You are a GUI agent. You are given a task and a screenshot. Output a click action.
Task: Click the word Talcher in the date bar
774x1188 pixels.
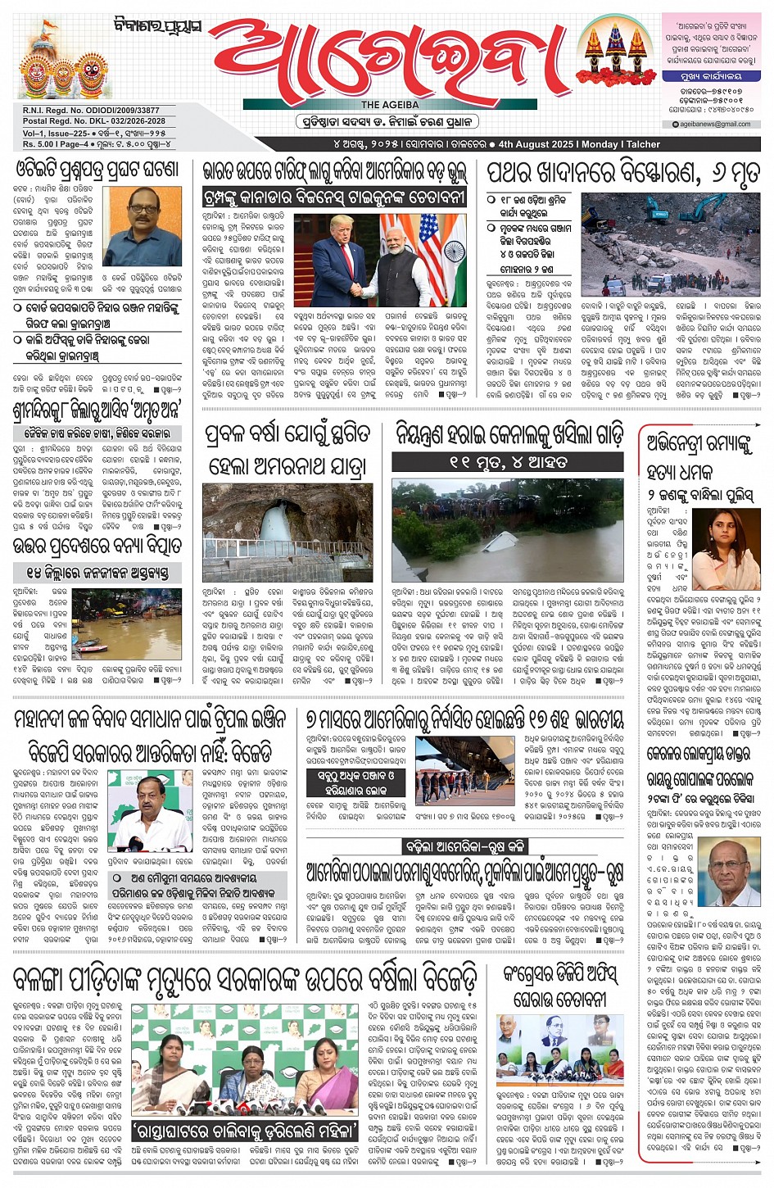(x=643, y=144)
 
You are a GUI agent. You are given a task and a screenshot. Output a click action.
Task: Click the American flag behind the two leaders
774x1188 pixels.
(x=429, y=246)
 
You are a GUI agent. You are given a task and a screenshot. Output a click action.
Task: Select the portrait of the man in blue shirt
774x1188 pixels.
(x=143, y=225)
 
